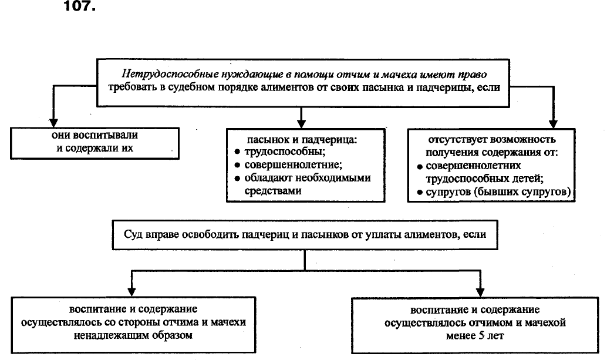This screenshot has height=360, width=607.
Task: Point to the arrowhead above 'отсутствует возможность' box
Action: (553, 122)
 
